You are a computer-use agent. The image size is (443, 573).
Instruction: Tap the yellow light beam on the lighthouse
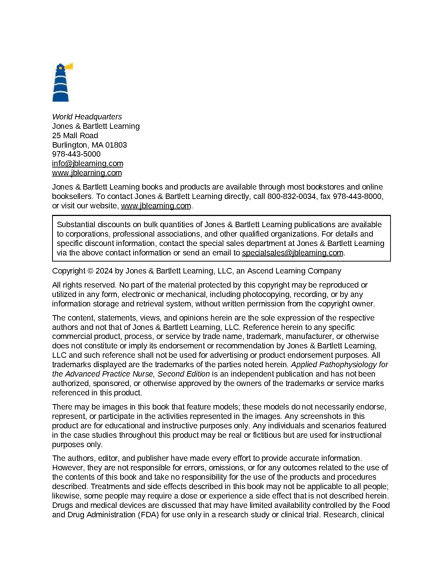click(69, 66)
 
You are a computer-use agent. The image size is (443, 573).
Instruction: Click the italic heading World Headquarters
click(87, 117)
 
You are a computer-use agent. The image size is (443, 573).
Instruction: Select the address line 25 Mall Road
click(75, 136)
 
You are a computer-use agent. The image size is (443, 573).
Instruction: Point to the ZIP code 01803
click(116, 145)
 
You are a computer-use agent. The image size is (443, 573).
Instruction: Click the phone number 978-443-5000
click(76, 154)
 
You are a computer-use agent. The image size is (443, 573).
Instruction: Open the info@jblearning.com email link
click(88, 164)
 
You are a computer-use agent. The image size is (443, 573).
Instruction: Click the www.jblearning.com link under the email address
click(87, 173)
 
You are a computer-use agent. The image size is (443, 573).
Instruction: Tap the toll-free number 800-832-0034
click(291, 196)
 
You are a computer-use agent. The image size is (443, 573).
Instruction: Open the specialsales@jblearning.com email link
click(292, 253)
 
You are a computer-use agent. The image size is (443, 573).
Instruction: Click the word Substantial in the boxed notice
click(76, 225)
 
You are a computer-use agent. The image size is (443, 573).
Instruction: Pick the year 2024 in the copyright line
click(104, 271)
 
